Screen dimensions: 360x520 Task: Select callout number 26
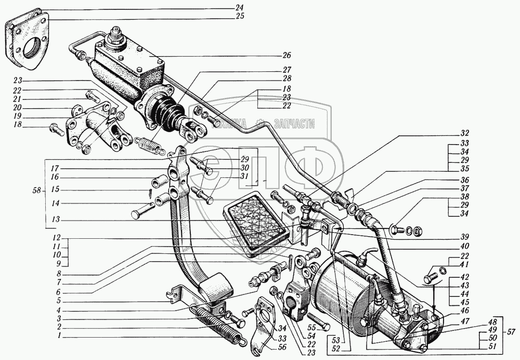pyautogui.click(x=287, y=56)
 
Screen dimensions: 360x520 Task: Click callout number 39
pyautogui.click(x=464, y=236)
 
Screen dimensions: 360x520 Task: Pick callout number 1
pyautogui.click(x=60, y=337)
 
